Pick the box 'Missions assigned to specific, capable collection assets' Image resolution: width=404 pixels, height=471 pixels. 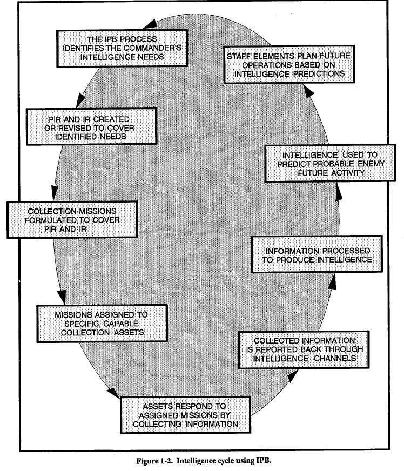[101, 323]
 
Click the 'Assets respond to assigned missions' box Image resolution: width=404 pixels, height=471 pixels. [185, 415]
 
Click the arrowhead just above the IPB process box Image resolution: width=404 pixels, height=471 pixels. [153, 23]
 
